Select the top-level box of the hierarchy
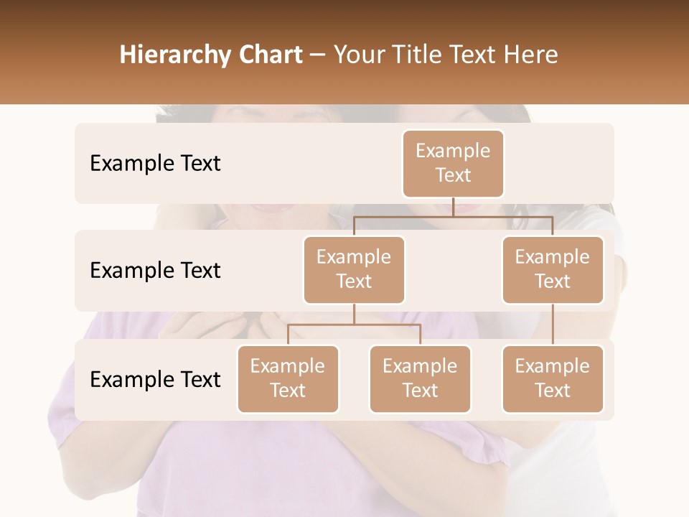coord(453,163)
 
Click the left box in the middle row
coord(354,269)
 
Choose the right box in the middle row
coord(553,269)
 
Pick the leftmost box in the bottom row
coord(288,378)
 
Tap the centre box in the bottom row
coord(420,378)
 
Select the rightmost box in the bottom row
coord(553,378)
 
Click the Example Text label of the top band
coord(155,163)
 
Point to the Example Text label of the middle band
coord(155,270)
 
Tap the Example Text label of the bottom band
coord(155,379)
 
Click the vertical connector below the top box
coord(453,207)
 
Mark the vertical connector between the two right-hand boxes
coord(553,325)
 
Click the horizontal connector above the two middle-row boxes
coord(453,216)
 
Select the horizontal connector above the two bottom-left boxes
coord(354,325)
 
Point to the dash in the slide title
coord(317,55)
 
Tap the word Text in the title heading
coord(477,55)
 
